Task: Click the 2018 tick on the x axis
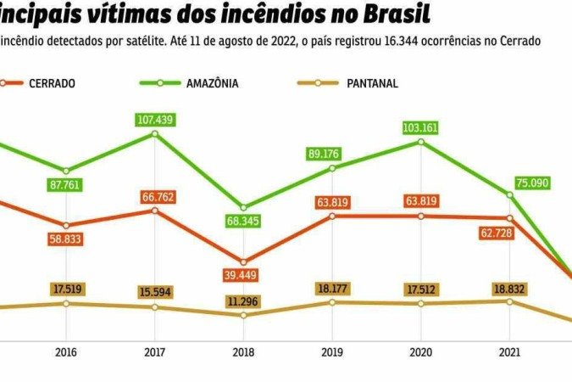(243, 351)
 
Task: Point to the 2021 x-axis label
(509, 351)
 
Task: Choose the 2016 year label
(65, 351)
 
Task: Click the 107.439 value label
(154, 120)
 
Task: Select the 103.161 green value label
(421, 128)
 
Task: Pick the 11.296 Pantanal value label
(243, 300)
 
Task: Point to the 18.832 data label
(509, 288)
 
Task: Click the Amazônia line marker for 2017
(154, 133)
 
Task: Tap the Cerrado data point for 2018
(243, 262)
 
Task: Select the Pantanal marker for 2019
(332, 302)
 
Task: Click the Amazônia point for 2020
(421, 142)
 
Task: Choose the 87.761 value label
(65, 184)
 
